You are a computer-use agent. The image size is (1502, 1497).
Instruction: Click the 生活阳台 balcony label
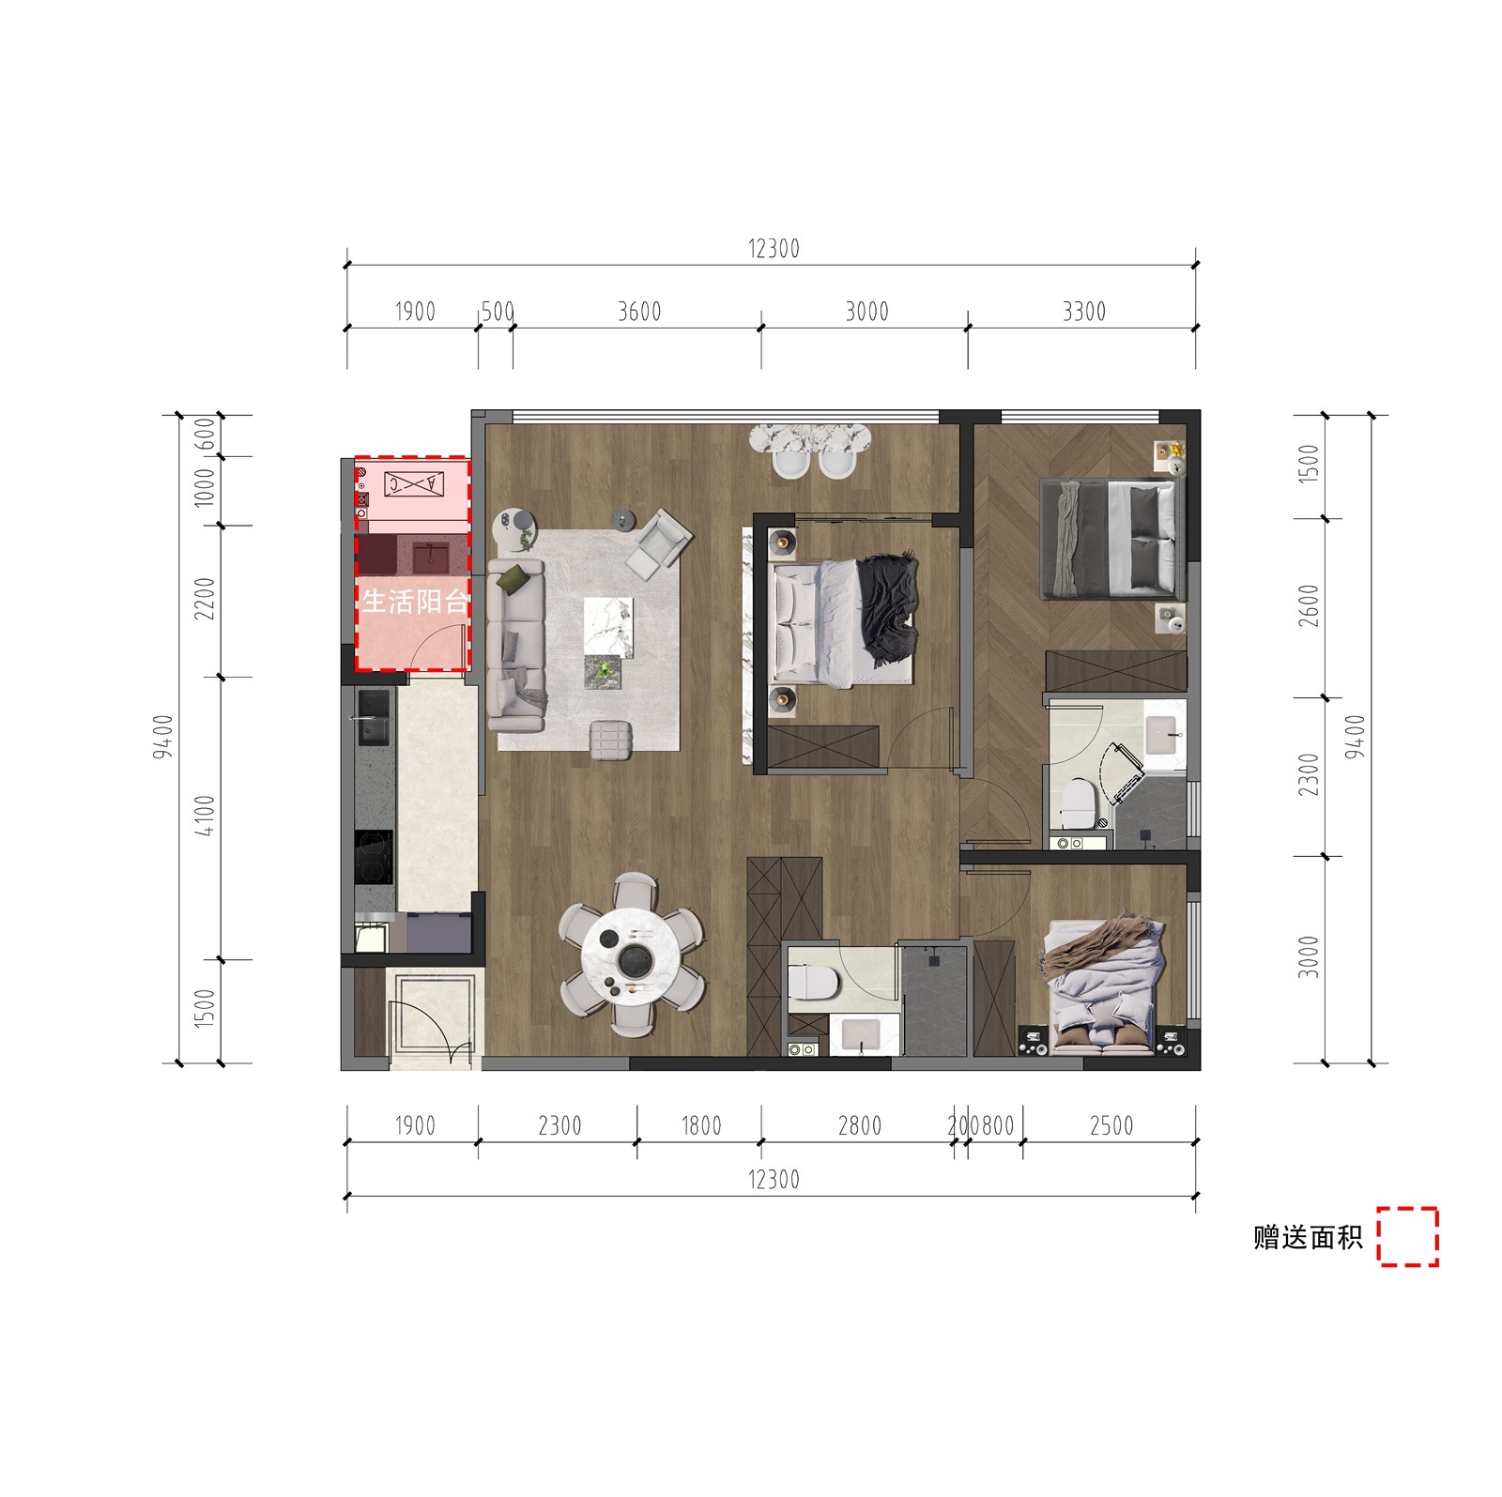pyautogui.click(x=415, y=602)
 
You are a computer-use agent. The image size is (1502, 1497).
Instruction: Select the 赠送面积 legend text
pyautogui.click(x=1308, y=1237)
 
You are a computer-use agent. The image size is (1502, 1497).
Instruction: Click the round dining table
pyautogui.click(x=630, y=956)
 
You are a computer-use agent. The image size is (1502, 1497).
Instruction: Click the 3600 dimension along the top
pyautogui.click(x=639, y=311)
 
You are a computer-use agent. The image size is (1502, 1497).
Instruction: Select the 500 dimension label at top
pyautogui.click(x=498, y=311)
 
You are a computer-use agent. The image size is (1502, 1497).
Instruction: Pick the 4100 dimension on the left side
pyautogui.click(x=206, y=815)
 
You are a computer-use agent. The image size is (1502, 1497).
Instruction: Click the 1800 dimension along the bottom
pyautogui.click(x=700, y=1125)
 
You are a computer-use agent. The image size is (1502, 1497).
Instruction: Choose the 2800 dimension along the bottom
pyautogui.click(x=860, y=1125)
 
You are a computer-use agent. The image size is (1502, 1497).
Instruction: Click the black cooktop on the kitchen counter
pyautogui.click(x=373, y=857)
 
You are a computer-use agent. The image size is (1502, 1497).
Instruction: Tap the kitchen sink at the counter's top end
pyautogui.click(x=374, y=717)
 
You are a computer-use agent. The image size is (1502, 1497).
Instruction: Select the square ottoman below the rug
pyautogui.click(x=612, y=738)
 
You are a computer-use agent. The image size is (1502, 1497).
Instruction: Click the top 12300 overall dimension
pyautogui.click(x=774, y=249)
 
